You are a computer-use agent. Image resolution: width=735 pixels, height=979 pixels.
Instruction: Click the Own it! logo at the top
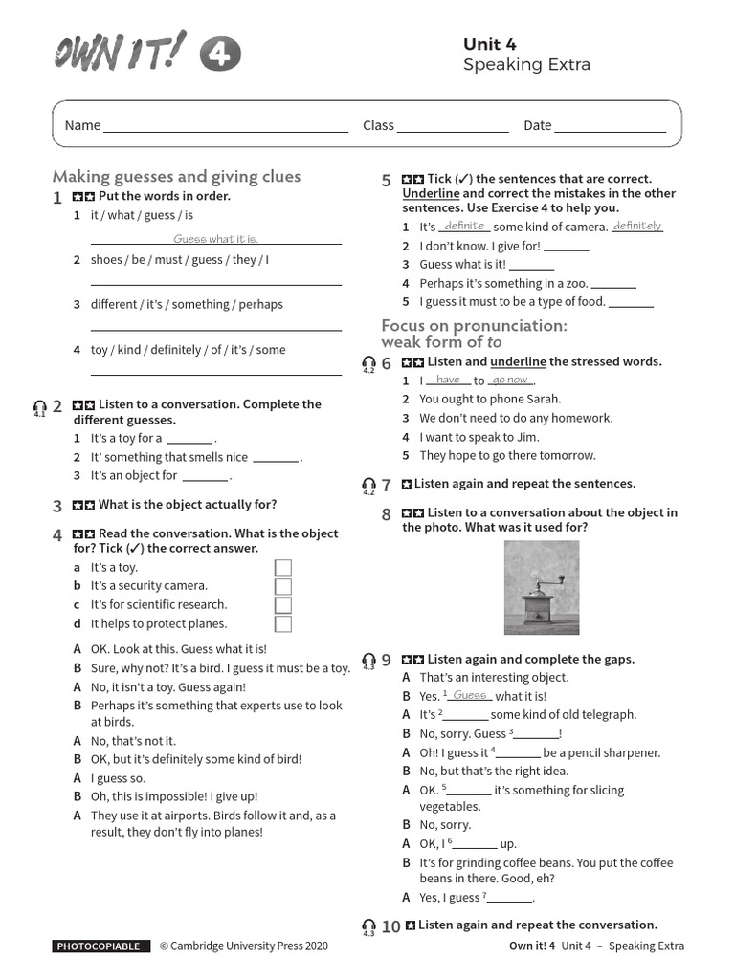(x=145, y=52)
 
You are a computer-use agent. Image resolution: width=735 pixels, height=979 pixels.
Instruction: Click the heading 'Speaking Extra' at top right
(x=526, y=65)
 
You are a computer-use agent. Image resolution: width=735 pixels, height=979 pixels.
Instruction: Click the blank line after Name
(x=226, y=125)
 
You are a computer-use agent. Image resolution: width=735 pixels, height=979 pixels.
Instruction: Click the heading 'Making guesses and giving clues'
(x=176, y=176)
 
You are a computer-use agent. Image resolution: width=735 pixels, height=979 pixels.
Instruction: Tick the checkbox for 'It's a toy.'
(x=283, y=568)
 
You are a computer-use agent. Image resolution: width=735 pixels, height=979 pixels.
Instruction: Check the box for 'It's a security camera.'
(x=283, y=586)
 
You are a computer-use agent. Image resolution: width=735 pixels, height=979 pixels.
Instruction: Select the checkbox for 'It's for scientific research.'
(x=283, y=605)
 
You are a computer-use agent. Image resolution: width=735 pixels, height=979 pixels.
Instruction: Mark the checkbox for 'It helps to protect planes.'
(x=283, y=623)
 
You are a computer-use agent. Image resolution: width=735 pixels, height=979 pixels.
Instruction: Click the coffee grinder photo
(x=541, y=588)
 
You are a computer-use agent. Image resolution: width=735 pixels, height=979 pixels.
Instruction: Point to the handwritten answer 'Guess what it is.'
(x=216, y=239)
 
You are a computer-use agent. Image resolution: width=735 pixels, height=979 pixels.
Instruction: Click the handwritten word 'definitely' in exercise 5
(x=637, y=227)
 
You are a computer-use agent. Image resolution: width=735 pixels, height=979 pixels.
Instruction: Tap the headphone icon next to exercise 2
(x=39, y=409)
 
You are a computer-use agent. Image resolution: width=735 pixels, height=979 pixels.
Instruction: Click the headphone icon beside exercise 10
(x=368, y=926)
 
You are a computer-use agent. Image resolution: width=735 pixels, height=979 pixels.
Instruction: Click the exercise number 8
(x=387, y=514)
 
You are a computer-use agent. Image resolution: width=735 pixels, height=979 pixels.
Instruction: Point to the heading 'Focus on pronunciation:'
(x=474, y=326)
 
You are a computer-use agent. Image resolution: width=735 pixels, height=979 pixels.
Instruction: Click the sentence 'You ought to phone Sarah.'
(x=490, y=400)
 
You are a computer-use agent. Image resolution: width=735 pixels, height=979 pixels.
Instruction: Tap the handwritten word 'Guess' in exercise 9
(x=470, y=696)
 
